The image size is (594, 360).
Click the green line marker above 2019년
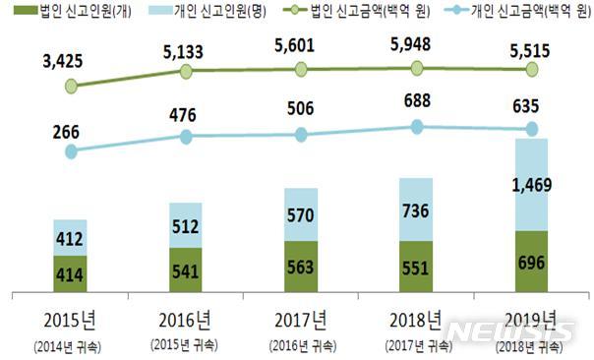point(532,69)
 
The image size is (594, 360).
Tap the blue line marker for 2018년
point(417,126)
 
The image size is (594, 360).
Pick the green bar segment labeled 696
point(532,262)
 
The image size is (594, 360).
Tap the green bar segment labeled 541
point(185,270)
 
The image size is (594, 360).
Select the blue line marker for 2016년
point(185,136)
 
